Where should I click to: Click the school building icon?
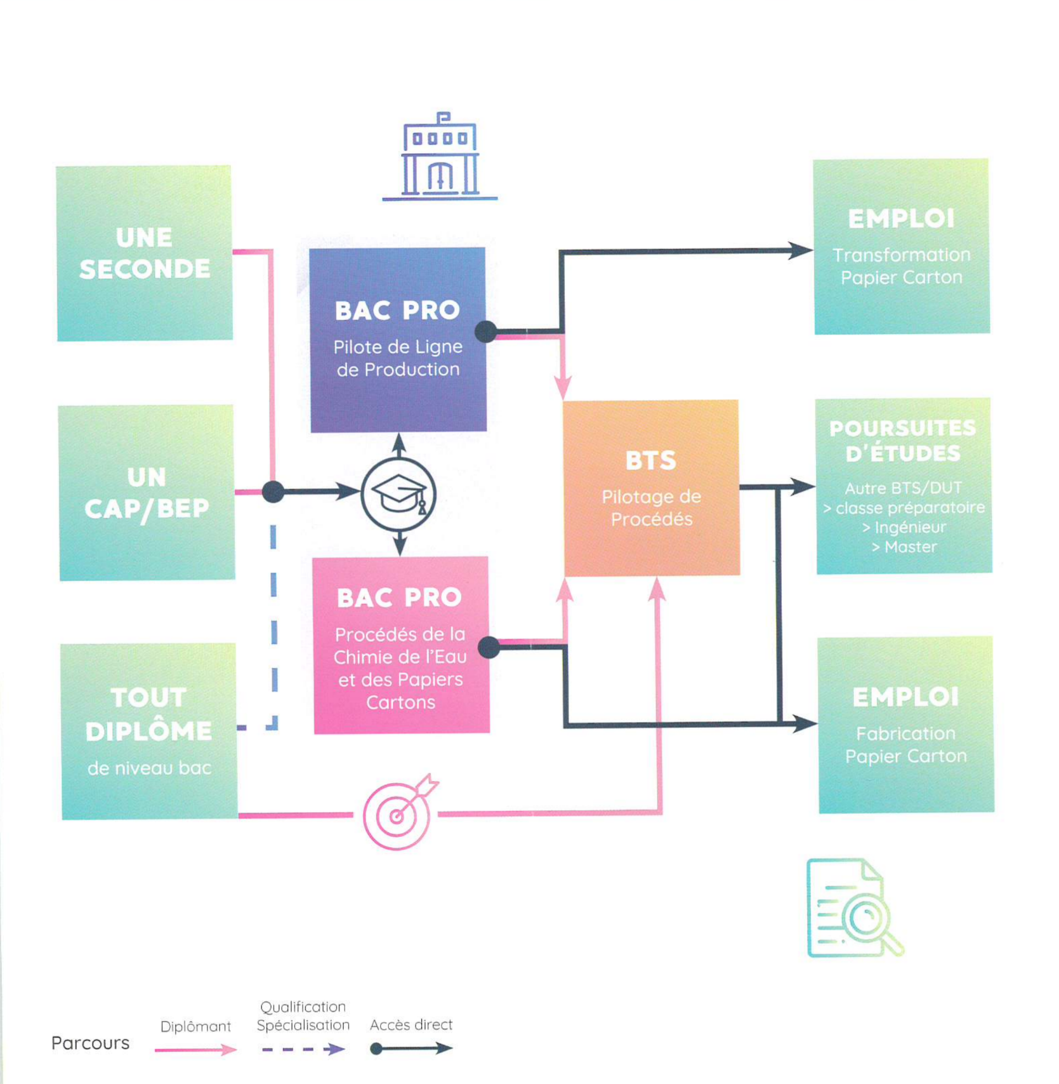coord(440,157)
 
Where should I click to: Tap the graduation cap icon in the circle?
coord(398,494)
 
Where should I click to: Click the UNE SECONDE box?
coord(144,253)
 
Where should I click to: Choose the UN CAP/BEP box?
coord(147,493)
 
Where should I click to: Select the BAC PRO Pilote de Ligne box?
coord(398,340)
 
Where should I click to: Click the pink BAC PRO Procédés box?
coord(401,645)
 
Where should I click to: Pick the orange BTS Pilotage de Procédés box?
coord(651,488)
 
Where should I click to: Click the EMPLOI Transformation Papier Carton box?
coord(901,246)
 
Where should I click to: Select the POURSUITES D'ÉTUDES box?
coord(904,486)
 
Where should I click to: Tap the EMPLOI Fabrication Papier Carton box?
coord(905,725)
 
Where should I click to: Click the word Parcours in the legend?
coord(90,1043)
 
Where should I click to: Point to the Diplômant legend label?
coord(195,1026)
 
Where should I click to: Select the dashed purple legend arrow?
coord(303,1049)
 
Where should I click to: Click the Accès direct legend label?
coord(411,1024)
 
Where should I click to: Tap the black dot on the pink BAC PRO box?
coord(489,647)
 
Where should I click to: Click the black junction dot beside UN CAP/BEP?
coord(273,492)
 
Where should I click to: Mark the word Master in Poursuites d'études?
coord(910,547)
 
